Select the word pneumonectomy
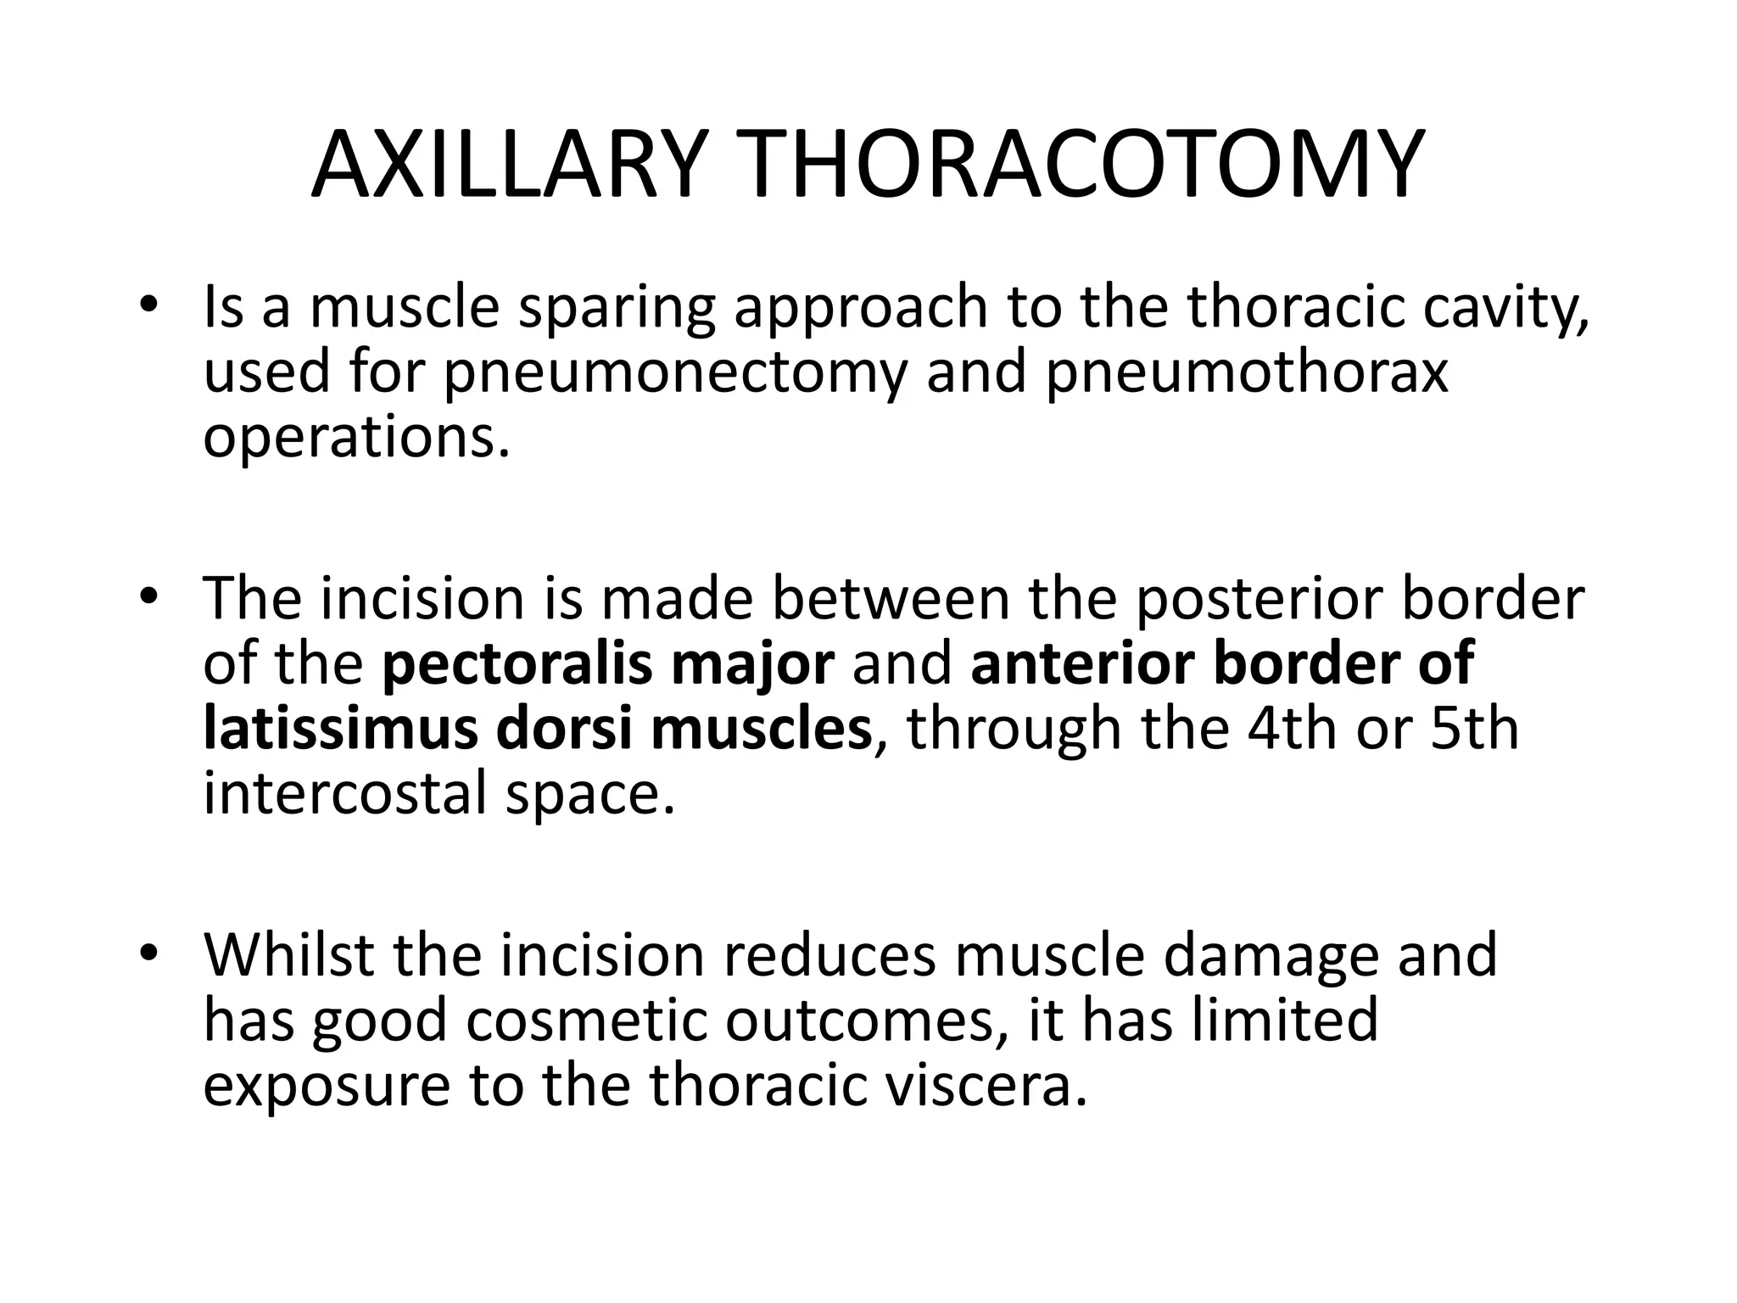pos(675,373)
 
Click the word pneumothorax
pos(1247,373)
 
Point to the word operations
pos(357,439)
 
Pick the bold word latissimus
pos(340,729)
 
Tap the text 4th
pos(1281,729)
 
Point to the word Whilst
pos(288,954)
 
